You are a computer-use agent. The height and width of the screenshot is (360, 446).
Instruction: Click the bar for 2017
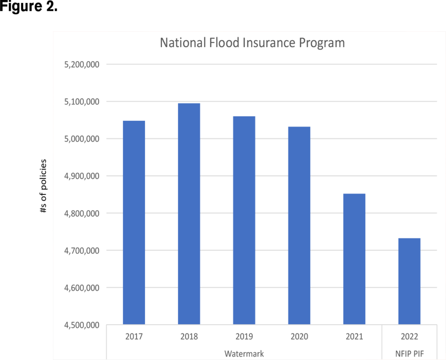(x=134, y=222)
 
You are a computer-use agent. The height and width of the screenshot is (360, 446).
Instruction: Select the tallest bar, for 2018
(x=189, y=214)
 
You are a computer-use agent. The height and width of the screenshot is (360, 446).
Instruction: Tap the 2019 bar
(x=244, y=220)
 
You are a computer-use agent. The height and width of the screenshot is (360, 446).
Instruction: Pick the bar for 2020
(x=299, y=225)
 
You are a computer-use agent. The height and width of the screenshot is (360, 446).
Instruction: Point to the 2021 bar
(x=354, y=259)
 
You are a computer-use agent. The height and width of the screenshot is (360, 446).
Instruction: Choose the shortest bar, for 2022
(x=409, y=281)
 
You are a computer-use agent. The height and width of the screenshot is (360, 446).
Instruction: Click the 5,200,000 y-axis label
(x=82, y=65)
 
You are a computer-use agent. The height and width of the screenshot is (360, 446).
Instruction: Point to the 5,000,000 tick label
(x=82, y=139)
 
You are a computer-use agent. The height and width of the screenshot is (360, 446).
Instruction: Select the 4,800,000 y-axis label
(x=82, y=214)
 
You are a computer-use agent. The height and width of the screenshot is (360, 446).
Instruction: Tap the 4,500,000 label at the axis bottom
(x=82, y=325)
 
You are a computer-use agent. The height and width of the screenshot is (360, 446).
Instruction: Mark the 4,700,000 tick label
(x=82, y=251)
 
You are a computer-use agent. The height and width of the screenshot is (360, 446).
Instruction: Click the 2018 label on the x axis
(x=189, y=337)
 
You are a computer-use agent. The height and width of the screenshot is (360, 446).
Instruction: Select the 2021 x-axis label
(x=354, y=337)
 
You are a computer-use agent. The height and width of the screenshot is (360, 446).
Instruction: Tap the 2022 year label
(x=409, y=337)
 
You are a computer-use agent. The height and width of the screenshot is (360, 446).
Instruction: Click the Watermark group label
(x=244, y=353)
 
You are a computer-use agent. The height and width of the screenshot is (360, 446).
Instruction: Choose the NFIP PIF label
(x=409, y=353)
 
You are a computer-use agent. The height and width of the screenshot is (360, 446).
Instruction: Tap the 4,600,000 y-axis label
(x=82, y=288)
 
